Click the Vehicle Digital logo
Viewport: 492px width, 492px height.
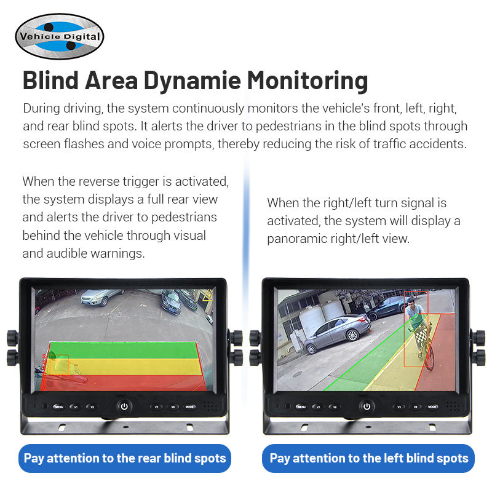[60, 36]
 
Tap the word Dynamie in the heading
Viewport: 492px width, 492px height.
[192, 81]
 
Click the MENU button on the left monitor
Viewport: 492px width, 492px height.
[59, 407]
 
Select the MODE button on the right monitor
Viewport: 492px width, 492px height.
[433, 407]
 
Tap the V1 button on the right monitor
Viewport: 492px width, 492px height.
[319, 407]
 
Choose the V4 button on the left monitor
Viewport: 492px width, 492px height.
[173, 407]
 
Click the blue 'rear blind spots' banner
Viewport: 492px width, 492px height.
[125, 458]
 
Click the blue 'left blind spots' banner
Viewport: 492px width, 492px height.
[368, 458]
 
